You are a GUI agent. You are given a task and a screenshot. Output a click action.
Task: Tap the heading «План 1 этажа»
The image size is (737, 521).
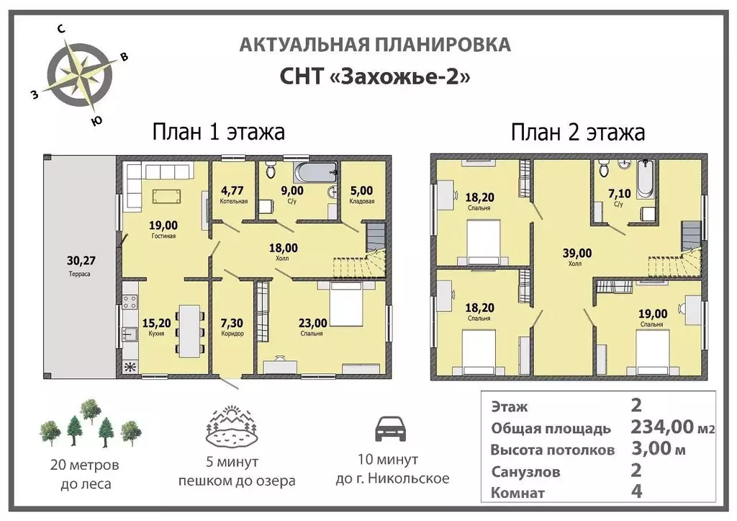(x=218, y=132)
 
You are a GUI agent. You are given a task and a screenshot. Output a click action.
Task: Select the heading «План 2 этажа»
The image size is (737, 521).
(x=577, y=132)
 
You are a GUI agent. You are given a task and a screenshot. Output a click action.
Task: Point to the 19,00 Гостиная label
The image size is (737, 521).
(x=164, y=227)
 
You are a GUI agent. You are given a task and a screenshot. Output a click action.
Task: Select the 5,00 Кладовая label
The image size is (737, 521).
(x=362, y=195)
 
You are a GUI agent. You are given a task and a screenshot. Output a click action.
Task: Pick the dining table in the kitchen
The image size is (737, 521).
(x=189, y=329)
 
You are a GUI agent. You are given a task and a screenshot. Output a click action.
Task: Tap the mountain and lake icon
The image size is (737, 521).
(x=232, y=427)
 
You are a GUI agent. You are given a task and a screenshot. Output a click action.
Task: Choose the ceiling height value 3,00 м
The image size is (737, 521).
(x=657, y=449)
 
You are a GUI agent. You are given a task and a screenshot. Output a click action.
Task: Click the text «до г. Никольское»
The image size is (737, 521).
(x=392, y=478)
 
